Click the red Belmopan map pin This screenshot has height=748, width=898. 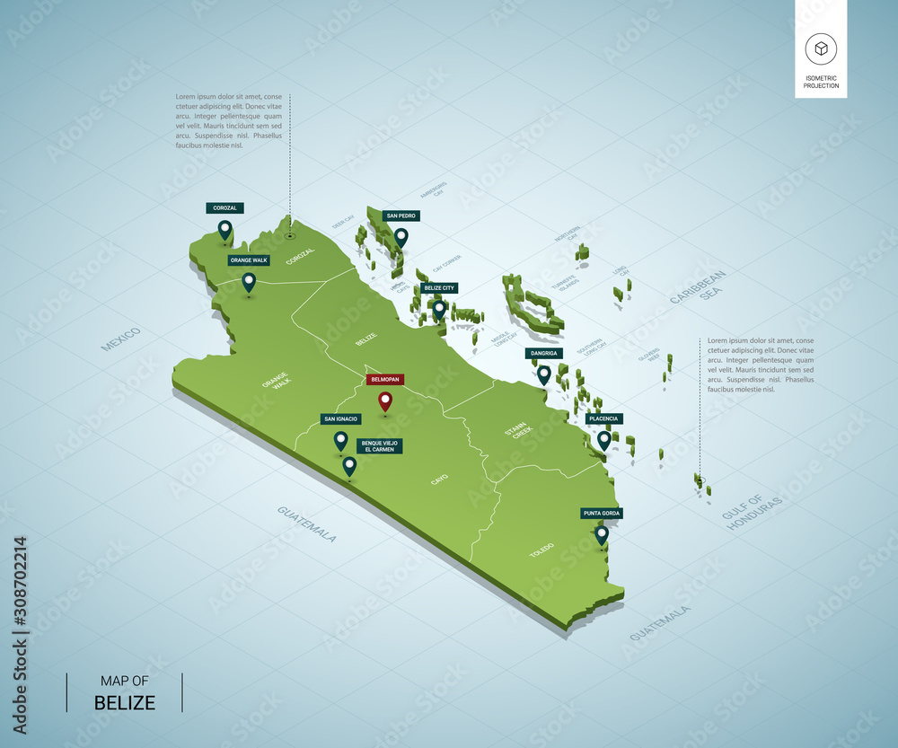385,400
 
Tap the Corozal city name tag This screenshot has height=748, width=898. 224,208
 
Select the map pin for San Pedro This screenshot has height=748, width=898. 401,237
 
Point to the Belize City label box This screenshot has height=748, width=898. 440,288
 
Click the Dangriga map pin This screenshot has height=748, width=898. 543,374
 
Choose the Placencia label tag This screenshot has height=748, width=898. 603,418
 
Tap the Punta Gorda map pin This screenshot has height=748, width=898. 602,535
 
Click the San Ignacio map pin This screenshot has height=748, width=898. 340,440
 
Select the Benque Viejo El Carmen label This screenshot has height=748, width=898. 379,445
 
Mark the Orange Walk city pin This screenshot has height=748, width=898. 249,282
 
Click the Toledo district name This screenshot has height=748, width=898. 541,550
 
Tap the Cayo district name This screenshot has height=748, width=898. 439,480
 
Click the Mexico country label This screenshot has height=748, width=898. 121,339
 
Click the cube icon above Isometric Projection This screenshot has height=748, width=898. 821,48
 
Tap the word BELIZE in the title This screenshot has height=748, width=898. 125,702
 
